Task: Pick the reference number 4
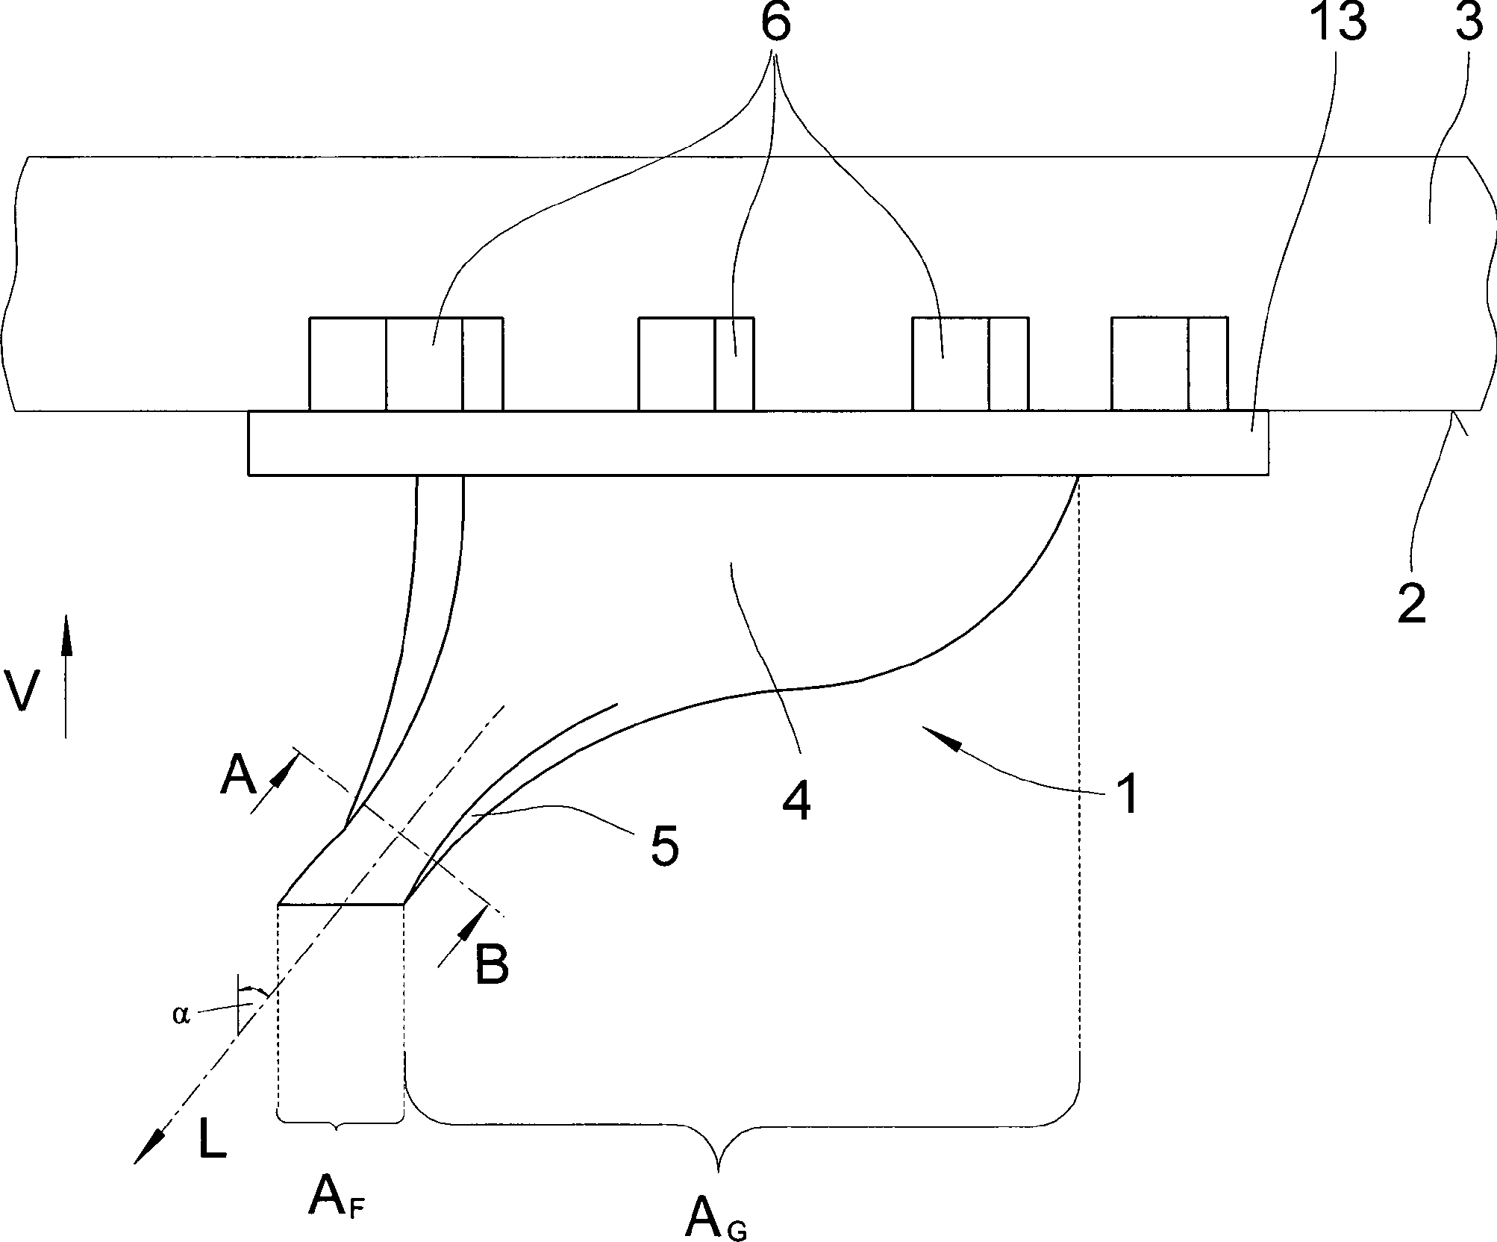point(797,802)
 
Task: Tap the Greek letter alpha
point(181,1016)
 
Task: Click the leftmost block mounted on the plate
point(405,363)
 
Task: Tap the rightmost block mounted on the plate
point(1169,363)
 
